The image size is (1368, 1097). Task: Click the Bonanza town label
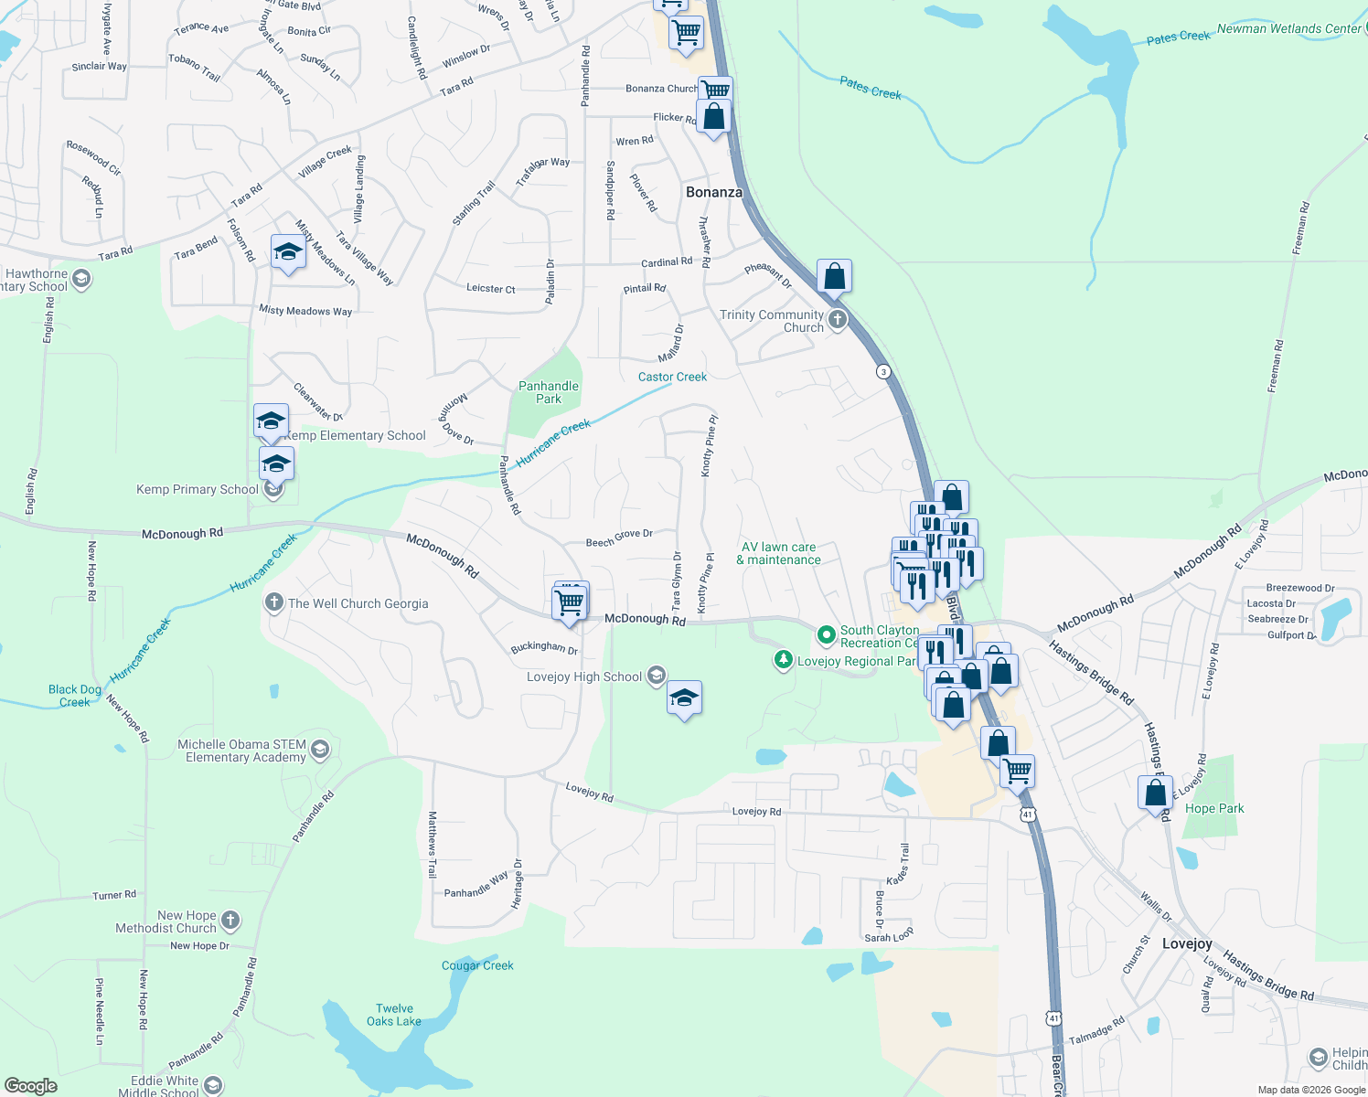[714, 192]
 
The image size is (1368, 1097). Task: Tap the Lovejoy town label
[1187, 943]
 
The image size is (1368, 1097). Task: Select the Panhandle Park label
[549, 392]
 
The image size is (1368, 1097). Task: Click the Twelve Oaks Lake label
[394, 1015]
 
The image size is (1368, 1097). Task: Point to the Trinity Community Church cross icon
[838, 320]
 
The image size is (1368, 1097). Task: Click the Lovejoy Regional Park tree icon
[783, 660]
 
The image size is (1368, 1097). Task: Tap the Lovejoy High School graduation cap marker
[684, 699]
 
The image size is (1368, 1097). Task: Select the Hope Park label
[1214, 808]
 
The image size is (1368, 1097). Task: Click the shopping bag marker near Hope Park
[1156, 793]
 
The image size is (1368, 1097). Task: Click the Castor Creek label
[672, 377]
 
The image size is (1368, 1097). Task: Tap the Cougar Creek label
[477, 965]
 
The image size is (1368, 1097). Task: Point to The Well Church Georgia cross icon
[273, 602]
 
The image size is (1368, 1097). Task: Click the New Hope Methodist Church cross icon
[230, 921]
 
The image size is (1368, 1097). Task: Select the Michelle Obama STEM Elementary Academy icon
[319, 751]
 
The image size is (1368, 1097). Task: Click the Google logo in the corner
[31, 1086]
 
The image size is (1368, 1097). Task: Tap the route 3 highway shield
[882, 371]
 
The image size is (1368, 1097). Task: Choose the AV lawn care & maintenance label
[779, 553]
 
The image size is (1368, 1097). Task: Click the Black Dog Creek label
[75, 696]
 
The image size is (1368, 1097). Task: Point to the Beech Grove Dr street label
[619, 538]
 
